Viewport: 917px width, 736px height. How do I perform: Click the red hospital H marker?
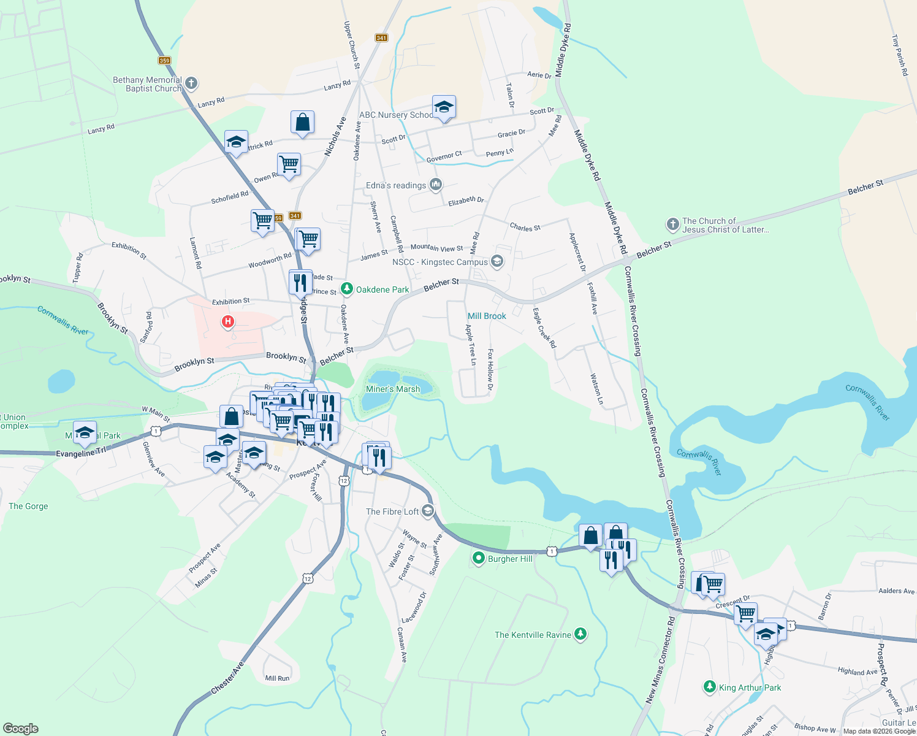click(x=228, y=321)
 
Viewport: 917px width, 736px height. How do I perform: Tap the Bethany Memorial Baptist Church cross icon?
click(x=191, y=83)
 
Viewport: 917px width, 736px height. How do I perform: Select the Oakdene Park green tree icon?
click(x=347, y=288)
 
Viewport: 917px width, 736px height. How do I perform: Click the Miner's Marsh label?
click(x=393, y=389)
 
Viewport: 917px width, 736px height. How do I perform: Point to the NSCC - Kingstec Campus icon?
click(x=497, y=262)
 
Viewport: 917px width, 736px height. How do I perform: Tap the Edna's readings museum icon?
click(x=436, y=184)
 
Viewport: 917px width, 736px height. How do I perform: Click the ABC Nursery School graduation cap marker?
click(x=444, y=107)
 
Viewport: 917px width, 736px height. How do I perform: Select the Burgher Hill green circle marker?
click(x=478, y=558)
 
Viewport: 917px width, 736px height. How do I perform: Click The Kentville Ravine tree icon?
click(x=580, y=634)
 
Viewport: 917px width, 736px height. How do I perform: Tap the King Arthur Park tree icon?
click(x=709, y=687)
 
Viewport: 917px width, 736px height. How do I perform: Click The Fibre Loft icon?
click(x=428, y=511)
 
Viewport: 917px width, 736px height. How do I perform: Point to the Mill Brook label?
click(x=487, y=316)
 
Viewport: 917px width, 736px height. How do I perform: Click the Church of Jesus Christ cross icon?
click(x=673, y=224)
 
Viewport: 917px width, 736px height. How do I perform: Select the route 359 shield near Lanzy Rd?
click(x=164, y=60)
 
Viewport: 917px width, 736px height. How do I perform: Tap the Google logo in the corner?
click(x=21, y=728)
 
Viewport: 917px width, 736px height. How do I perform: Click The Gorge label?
click(x=28, y=506)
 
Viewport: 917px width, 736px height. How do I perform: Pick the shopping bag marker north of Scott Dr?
click(x=302, y=122)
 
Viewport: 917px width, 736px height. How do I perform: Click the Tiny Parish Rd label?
click(x=899, y=55)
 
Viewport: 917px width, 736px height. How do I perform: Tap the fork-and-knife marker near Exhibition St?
click(x=300, y=282)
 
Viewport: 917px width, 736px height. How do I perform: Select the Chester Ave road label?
click(x=227, y=678)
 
